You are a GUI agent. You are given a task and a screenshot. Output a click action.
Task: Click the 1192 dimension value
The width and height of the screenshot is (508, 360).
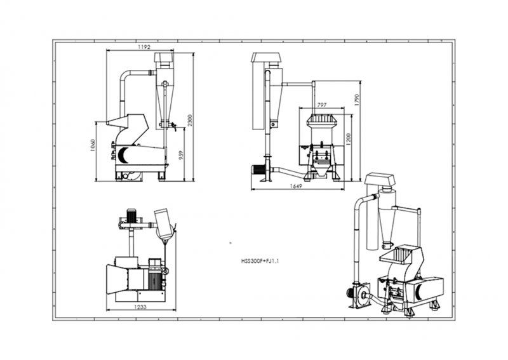click(x=144, y=47)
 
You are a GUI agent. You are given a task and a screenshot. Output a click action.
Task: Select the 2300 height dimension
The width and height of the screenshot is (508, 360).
click(x=190, y=121)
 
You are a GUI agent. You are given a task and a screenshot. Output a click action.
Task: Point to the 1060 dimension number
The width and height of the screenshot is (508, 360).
click(x=93, y=145)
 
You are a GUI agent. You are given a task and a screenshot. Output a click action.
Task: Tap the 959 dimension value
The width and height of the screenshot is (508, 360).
click(x=181, y=155)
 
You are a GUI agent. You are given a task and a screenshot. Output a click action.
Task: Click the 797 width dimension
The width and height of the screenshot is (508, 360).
click(x=322, y=105)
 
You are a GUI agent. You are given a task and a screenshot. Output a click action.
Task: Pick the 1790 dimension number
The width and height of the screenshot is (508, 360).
click(x=357, y=100)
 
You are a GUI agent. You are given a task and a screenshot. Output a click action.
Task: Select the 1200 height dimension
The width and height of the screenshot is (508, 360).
click(x=348, y=139)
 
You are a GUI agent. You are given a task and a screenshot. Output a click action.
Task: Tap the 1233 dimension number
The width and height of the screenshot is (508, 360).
click(x=140, y=307)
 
